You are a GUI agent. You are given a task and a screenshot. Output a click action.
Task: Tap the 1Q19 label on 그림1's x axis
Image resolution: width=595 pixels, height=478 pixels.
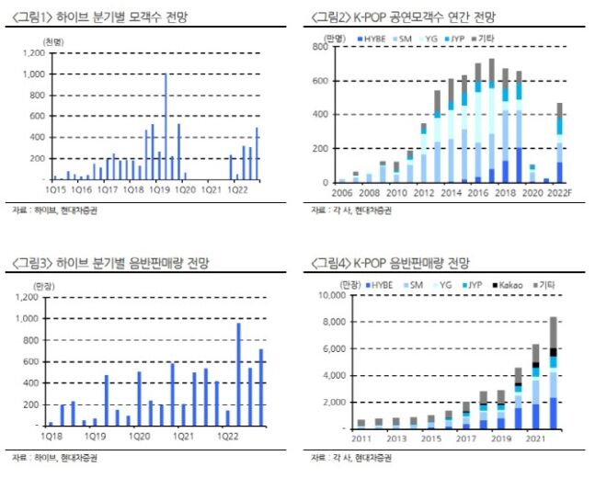[161, 190]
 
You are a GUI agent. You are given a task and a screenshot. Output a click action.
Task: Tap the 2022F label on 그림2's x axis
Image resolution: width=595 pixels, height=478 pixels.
[562, 193]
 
